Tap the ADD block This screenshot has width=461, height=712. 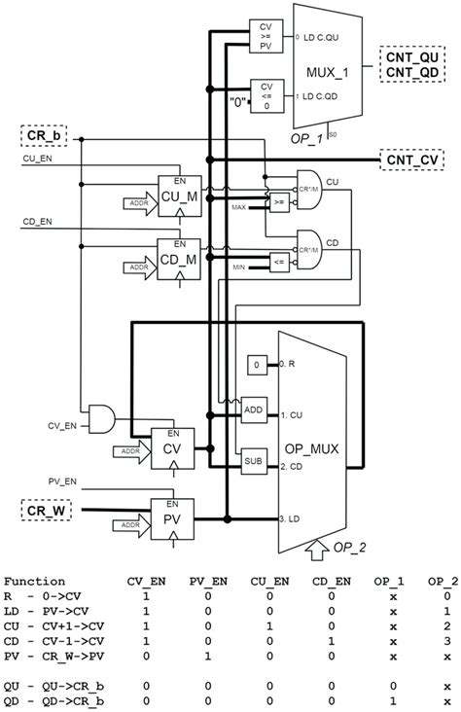pyautogui.click(x=254, y=411)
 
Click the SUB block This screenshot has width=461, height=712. pyautogui.click(x=254, y=462)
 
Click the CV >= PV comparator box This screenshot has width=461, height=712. pyautogui.click(x=265, y=37)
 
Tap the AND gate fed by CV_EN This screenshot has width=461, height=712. pyautogui.click(x=100, y=418)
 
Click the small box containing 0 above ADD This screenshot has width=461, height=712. pyautogui.click(x=254, y=363)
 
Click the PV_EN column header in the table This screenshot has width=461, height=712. pyautogui.click(x=206, y=580)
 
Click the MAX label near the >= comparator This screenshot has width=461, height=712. pyautogui.click(x=238, y=206)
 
